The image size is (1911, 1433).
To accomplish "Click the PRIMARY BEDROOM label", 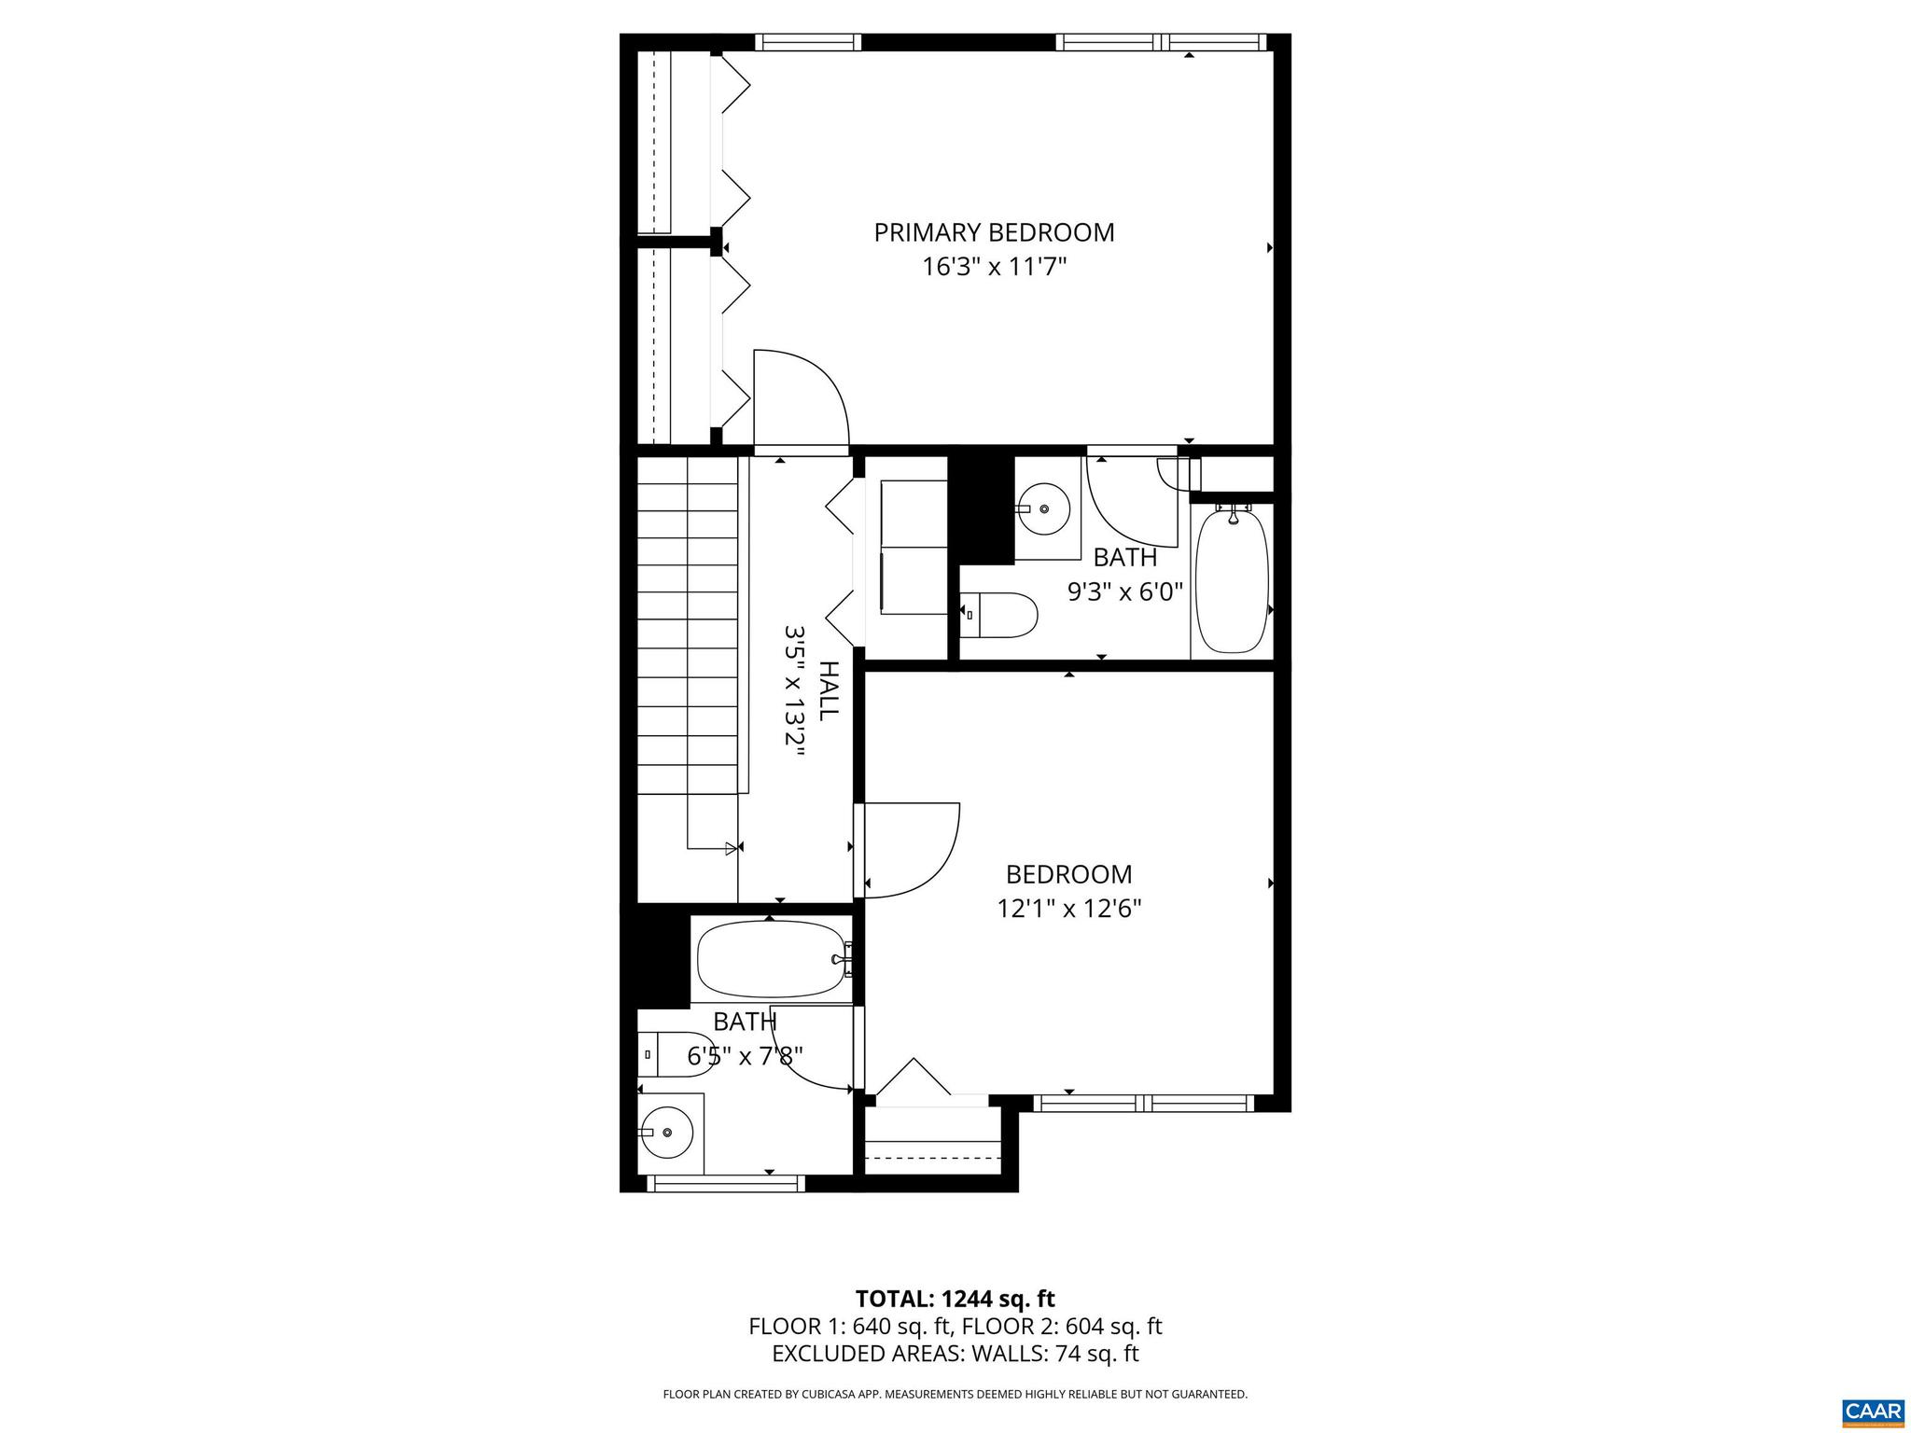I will pos(994,232).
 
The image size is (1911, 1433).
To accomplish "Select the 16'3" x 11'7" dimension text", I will pos(994,268).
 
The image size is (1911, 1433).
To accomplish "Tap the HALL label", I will pos(828,690).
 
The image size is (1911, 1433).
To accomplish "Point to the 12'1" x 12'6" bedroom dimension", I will pos(1069,909).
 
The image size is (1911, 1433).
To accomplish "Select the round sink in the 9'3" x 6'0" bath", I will pos(1043,508).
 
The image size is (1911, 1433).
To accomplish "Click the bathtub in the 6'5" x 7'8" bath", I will pos(771,961).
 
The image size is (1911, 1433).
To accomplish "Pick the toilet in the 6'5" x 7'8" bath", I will pos(679,1054).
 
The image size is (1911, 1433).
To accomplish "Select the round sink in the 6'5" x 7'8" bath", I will pos(667,1133).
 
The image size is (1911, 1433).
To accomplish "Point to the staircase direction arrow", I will pos(731,848).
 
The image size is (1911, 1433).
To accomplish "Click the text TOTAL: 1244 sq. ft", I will pos(955,1299).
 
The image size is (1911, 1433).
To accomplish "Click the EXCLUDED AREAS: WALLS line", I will pos(955,1354).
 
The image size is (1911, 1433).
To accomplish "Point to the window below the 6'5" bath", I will pos(726,1184).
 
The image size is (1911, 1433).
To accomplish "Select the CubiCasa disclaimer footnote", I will pos(955,1395).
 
